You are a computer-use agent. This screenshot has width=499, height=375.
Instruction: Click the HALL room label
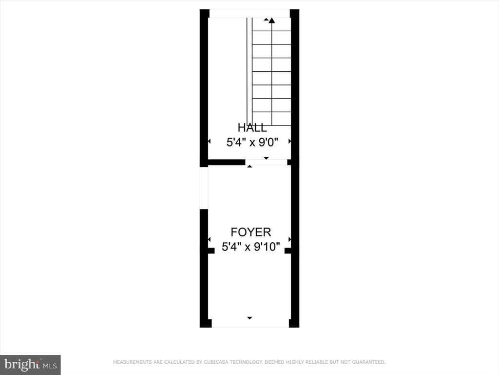click(x=252, y=128)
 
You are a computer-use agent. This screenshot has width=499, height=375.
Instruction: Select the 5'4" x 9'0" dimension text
click(x=252, y=143)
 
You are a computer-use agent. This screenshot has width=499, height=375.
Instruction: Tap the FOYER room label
click(x=250, y=232)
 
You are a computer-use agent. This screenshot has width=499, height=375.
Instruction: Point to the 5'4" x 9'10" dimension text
click(x=251, y=247)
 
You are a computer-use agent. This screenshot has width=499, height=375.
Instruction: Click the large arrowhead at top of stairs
click(x=271, y=21)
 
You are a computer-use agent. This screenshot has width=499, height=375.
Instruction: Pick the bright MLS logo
click(x=30, y=364)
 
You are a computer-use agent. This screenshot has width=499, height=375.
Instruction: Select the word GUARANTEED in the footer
click(x=368, y=362)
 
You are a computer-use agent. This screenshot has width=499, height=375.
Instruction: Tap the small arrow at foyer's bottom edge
click(x=249, y=318)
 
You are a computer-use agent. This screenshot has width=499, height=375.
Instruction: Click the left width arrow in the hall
click(x=209, y=141)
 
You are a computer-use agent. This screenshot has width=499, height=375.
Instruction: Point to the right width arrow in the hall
click(x=290, y=141)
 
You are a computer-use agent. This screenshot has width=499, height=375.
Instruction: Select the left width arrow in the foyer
click(x=209, y=239)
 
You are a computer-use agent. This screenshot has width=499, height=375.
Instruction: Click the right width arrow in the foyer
click(x=290, y=239)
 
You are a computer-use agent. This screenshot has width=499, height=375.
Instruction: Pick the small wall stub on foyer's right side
click(x=288, y=250)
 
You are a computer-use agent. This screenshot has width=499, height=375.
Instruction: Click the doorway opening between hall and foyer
click(x=266, y=162)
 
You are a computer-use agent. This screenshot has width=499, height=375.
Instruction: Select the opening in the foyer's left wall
click(x=204, y=188)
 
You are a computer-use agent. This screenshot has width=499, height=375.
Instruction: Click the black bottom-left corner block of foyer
click(x=206, y=323)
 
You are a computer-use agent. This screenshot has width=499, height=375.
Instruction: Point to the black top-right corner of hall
click(x=294, y=14)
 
